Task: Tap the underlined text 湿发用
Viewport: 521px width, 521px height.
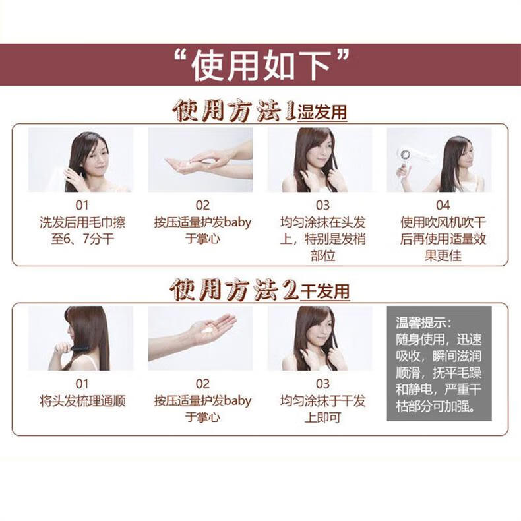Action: coord(322,112)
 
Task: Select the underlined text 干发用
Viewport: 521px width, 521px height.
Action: coord(324,291)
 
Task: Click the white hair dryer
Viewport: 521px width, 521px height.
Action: coord(408,160)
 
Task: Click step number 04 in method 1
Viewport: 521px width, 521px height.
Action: coord(443,205)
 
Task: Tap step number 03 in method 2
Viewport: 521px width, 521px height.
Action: coord(322,384)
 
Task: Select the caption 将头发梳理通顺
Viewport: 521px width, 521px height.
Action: coord(82,401)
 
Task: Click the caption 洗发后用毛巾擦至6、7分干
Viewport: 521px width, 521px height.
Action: coord(82,230)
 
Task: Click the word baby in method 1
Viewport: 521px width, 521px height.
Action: coord(237,222)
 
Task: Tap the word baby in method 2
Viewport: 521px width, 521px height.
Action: coord(237,401)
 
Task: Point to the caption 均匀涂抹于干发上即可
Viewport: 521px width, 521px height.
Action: coord(322,409)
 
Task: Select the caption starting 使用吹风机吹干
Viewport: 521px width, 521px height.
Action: coord(443,239)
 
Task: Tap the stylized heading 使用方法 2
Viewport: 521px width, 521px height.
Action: coord(235,290)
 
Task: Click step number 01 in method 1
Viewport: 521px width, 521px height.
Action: coord(82,205)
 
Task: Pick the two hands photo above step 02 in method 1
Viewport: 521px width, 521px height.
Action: coord(200,160)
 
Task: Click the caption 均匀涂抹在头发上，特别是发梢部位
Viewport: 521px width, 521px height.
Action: coord(322,239)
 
